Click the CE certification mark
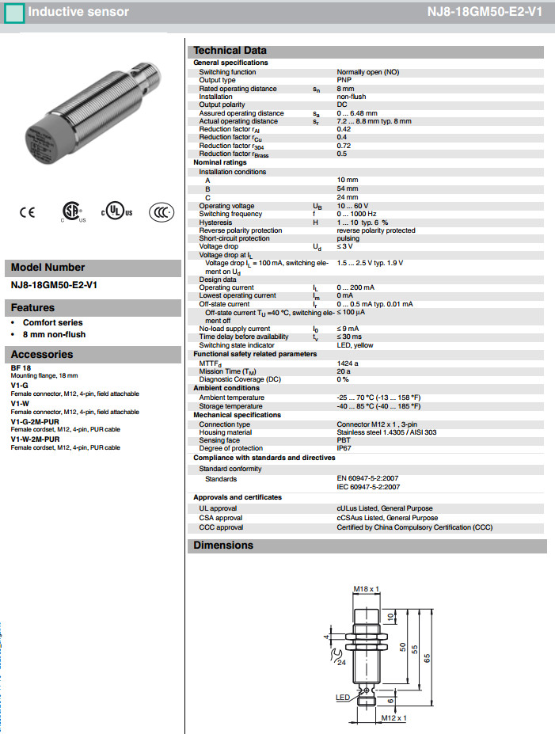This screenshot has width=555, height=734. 27,211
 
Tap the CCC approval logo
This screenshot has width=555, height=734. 161,211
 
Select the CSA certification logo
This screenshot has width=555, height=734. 73,211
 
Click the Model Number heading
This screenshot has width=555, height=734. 48,268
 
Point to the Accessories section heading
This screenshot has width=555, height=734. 42,355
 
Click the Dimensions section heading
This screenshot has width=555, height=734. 224,546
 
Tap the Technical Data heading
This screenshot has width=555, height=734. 230,51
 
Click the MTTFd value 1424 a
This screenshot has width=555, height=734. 348,363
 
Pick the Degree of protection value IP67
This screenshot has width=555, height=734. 344,447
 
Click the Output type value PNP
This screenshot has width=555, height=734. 344,80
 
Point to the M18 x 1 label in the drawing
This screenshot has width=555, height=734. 367,589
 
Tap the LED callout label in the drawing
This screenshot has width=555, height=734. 342,697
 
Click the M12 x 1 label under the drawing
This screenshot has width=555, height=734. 393,718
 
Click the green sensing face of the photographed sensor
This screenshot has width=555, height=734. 37,145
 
